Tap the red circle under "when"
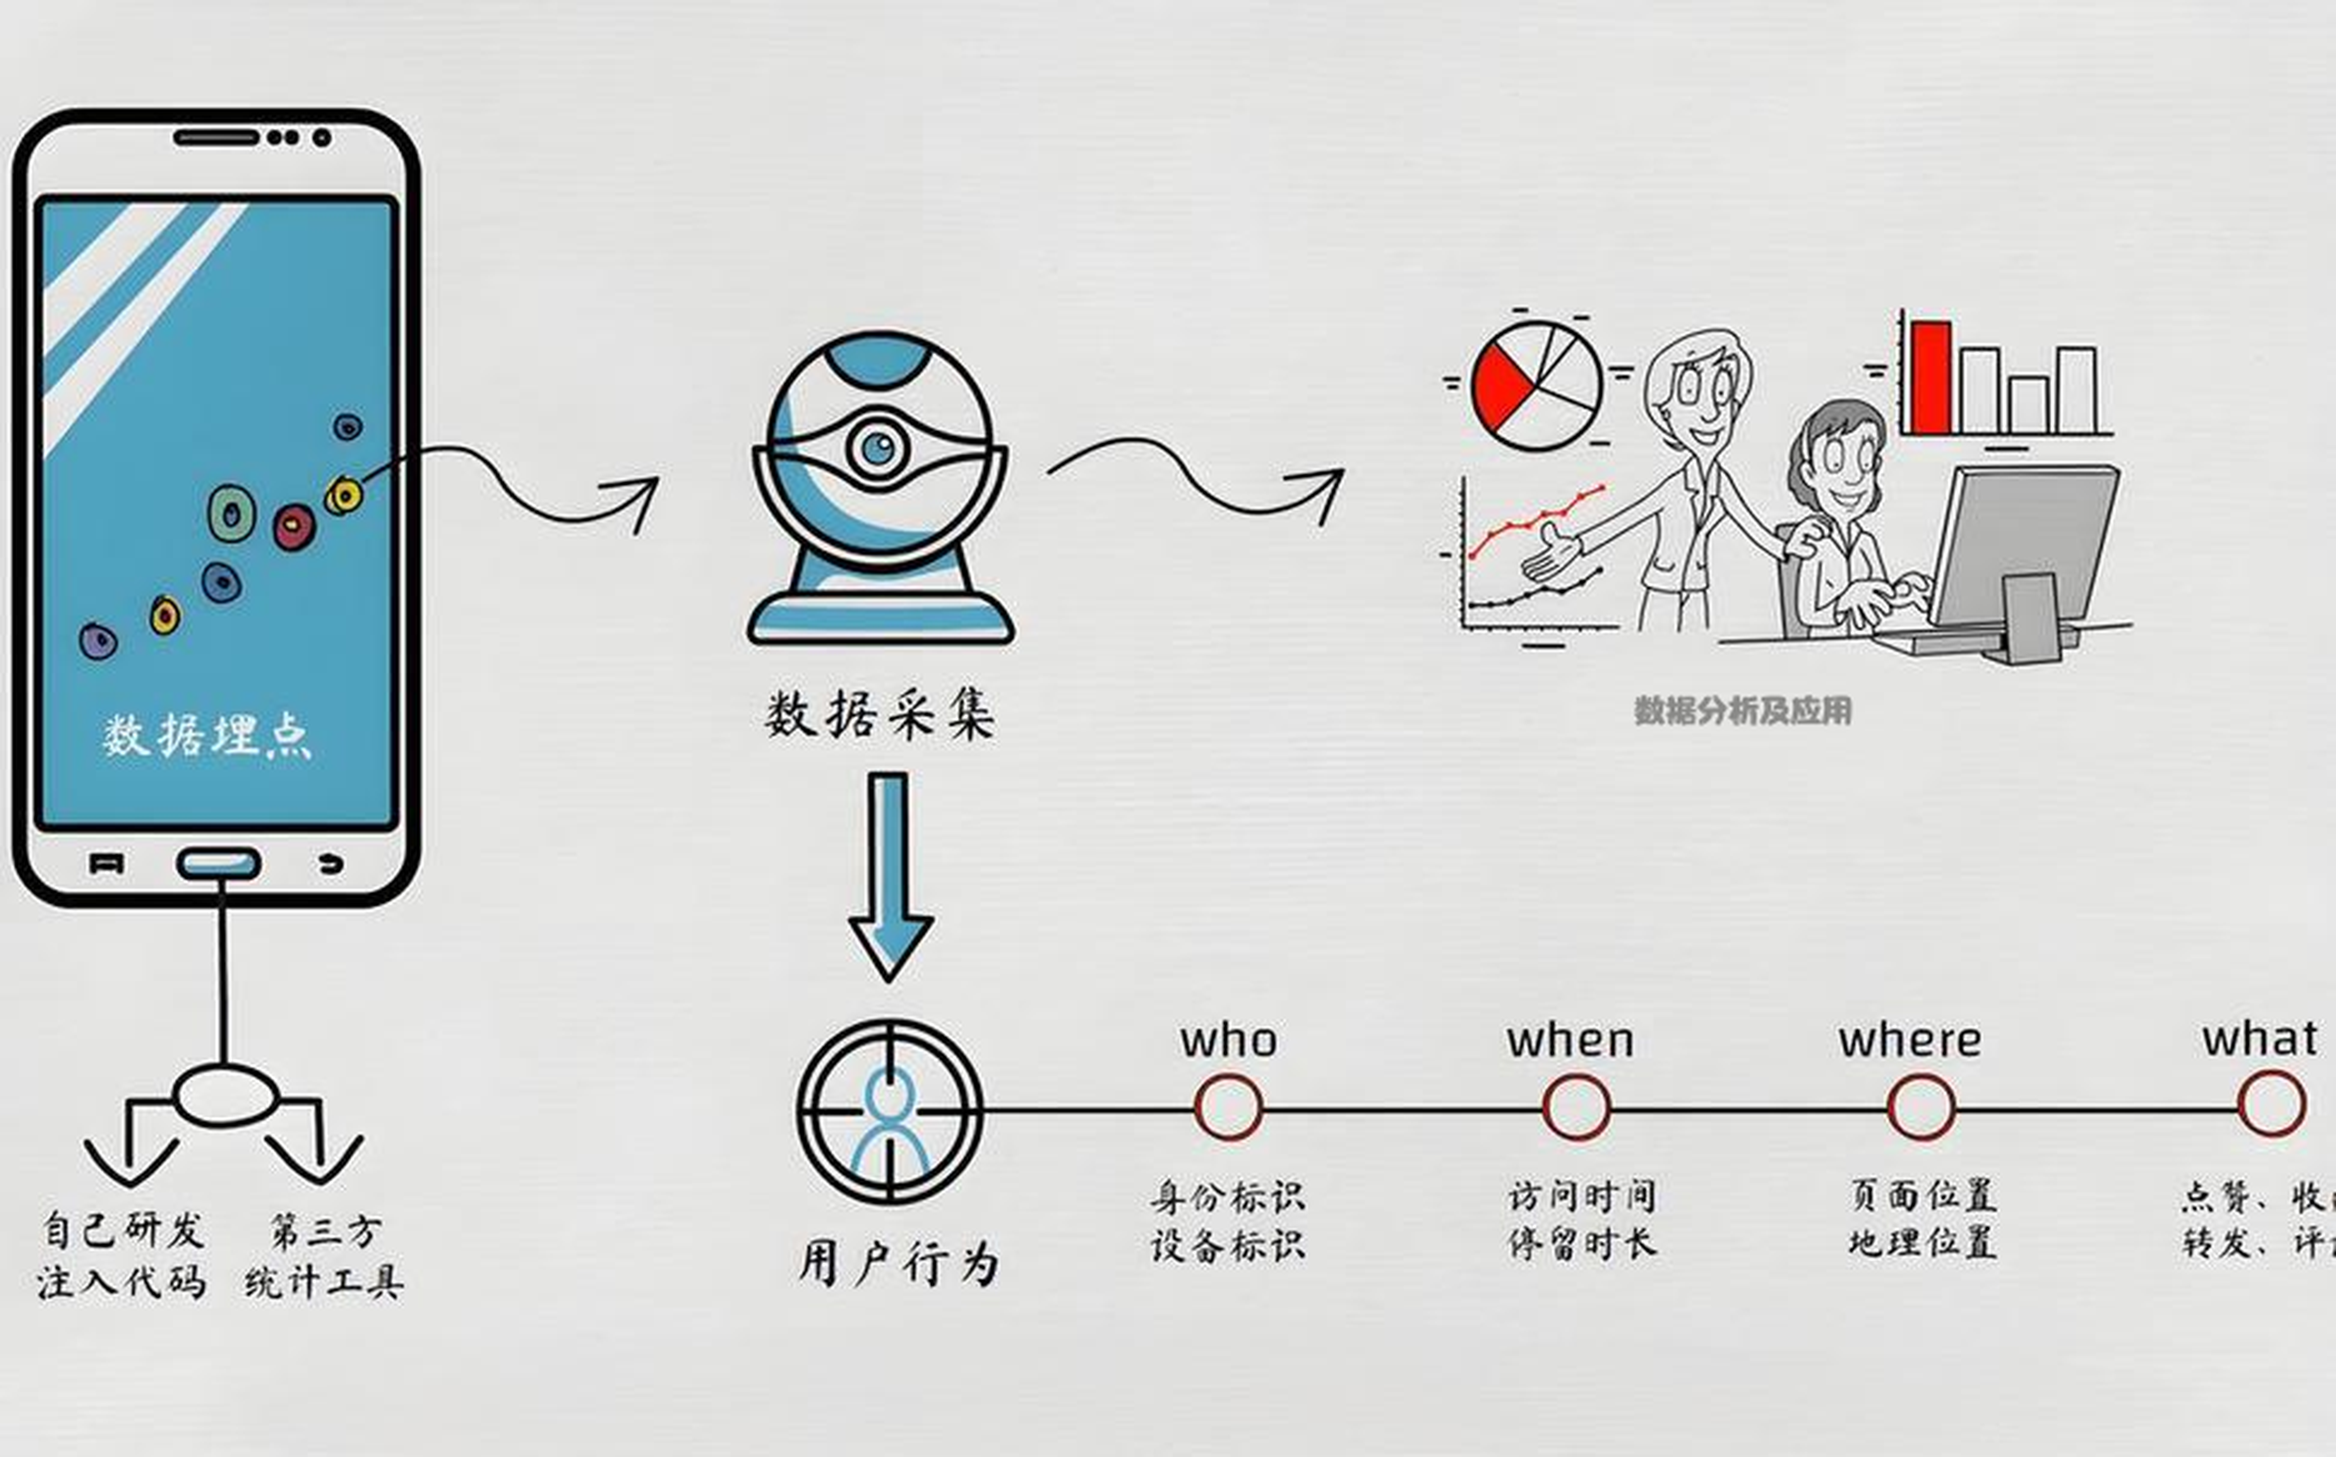coord(1576,1107)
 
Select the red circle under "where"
coord(1921,1107)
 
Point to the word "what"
coord(2259,1039)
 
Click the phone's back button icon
coord(330,863)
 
